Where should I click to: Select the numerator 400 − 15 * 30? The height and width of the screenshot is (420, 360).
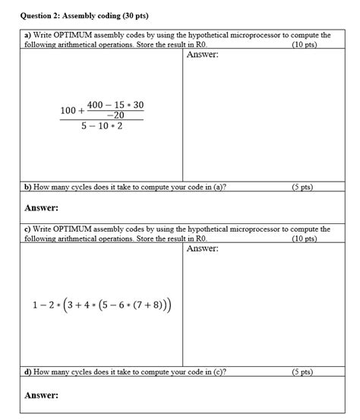pyautogui.click(x=115, y=104)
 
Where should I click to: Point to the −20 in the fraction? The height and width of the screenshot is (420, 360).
pyautogui.click(x=115, y=115)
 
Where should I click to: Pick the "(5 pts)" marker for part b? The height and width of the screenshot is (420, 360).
pyautogui.click(x=304, y=186)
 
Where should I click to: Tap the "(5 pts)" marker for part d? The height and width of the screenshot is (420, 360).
pyautogui.click(x=304, y=372)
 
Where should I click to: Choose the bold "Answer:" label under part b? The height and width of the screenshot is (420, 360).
pyautogui.click(x=42, y=208)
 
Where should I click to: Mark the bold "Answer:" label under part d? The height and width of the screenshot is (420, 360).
pyautogui.click(x=42, y=395)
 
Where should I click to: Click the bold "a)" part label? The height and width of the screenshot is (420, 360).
pyautogui.click(x=28, y=36)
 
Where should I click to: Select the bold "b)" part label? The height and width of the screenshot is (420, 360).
pyautogui.click(x=28, y=186)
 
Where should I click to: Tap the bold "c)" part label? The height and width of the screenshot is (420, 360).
pyautogui.click(x=28, y=229)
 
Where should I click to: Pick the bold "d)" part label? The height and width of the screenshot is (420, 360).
pyautogui.click(x=28, y=372)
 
